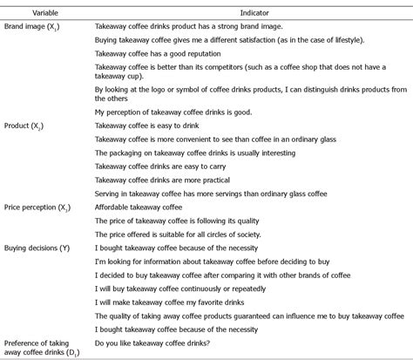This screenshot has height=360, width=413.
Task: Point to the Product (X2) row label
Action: click(x=27, y=126)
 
